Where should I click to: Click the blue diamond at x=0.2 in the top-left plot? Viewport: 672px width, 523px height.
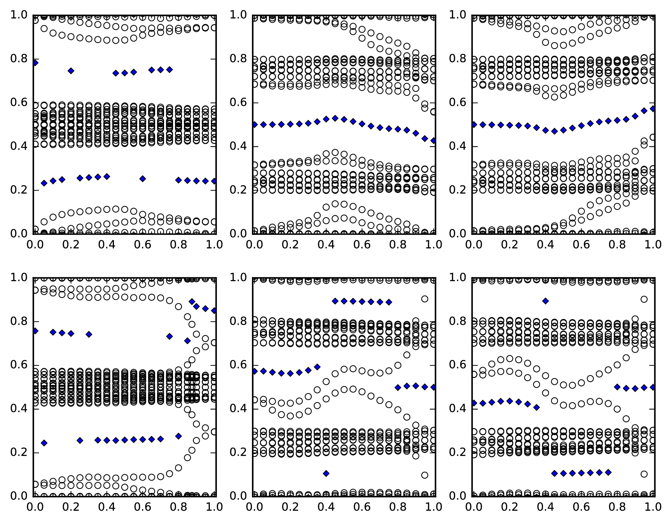point(71,71)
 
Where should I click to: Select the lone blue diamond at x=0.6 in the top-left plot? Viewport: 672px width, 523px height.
point(143,178)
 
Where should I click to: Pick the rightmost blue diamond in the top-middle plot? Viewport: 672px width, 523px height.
point(433,141)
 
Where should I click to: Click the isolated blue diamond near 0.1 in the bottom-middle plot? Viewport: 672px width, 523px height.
point(326,473)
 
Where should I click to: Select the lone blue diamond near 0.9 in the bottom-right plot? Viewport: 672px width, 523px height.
point(545,301)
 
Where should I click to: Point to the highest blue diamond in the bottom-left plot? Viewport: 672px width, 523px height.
point(192,301)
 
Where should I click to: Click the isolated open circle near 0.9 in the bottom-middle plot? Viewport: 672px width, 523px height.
point(424,299)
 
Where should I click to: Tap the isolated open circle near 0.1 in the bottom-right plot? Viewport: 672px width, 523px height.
point(644,474)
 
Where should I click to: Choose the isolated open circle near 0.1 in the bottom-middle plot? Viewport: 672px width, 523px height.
point(424,475)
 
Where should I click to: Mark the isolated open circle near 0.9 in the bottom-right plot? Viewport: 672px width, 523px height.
point(644,299)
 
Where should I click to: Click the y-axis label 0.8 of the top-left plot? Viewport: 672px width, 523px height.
point(19,59)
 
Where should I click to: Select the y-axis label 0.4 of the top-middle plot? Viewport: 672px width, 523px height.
point(239,146)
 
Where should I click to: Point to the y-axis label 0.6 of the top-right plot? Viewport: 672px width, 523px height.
point(458,103)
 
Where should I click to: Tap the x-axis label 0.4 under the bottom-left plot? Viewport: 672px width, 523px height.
point(107,507)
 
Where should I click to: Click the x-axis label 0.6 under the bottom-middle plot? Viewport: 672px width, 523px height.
point(362,507)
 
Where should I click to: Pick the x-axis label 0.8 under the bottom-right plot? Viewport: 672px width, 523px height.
point(618,507)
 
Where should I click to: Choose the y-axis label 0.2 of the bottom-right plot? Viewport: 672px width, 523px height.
point(458,452)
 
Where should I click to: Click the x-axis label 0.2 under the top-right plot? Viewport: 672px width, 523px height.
point(509,244)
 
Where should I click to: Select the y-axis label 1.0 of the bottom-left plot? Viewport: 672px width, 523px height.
point(19,277)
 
